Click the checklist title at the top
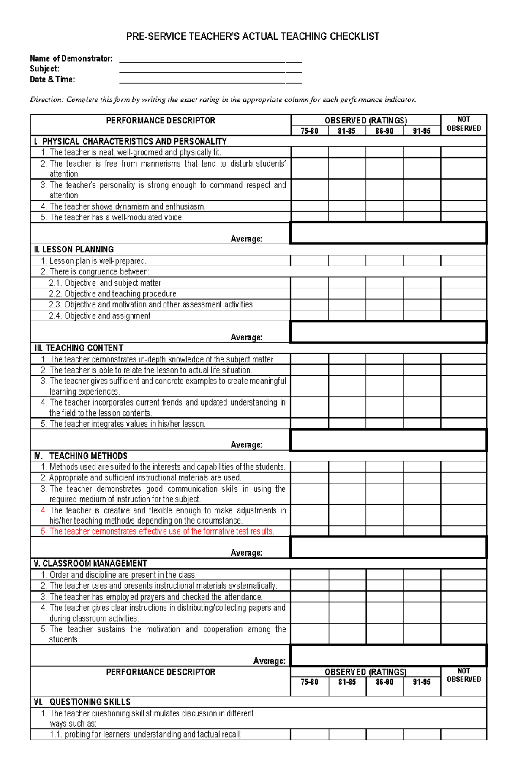[x=253, y=37]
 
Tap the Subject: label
[x=44, y=69]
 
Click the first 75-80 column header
[x=309, y=131]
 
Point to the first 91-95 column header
[x=422, y=131]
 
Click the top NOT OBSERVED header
[x=463, y=124]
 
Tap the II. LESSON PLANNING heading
[x=74, y=250]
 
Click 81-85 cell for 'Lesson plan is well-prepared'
[x=346, y=261]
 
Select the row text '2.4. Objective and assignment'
[x=100, y=316]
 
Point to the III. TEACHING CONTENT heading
[x=79, y=348]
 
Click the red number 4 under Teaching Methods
[x=44, y=510]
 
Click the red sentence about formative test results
[x=161, y=532]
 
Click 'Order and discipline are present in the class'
[x=123, y=575]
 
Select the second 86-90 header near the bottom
[x=384, y=682]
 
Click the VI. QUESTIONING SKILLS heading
[x=82, y=702]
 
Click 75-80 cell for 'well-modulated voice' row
[x=309, y=217]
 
